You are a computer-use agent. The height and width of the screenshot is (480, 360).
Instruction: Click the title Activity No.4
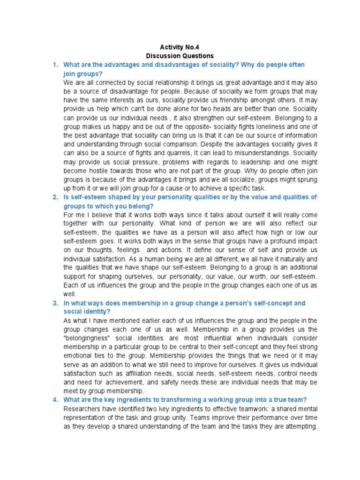click(180, 47)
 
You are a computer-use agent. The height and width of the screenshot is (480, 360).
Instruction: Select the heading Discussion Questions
click(180, 56)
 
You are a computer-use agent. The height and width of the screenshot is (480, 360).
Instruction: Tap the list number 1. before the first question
click(55, 65)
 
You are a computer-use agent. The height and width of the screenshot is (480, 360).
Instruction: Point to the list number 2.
click(55, 197)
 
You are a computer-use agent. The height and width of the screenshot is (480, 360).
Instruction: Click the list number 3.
click(55, 303)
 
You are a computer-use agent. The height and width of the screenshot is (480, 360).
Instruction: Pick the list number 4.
click(55, 399)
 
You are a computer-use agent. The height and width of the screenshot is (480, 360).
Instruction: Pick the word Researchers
click(82, 409)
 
